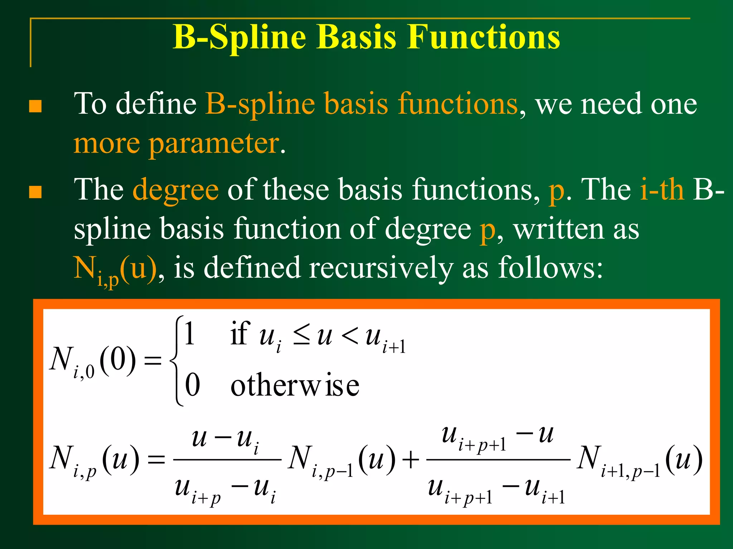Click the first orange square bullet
coord(35,106)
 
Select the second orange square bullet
coord(35,192)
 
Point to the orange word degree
coord(175,189)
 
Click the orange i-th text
coord(661,189)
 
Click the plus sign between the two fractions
coord(411,459)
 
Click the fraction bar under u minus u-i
coord(227,460)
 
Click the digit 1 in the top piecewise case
coord(190,333)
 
